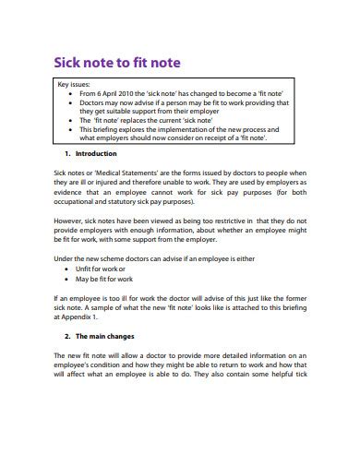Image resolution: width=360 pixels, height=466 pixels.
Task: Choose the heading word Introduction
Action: pos(95,153)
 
